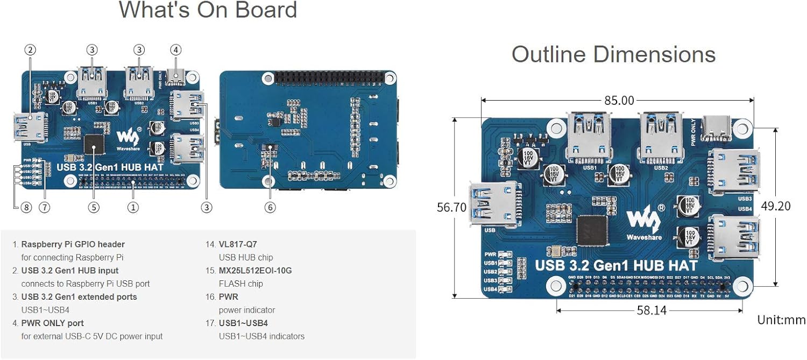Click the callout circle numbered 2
[x=30, y=50]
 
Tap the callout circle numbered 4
[x=175, y=50]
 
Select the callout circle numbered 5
[x=94, y=207]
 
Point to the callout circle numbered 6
[x=270, y=207]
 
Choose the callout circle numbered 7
[x=44, y=207]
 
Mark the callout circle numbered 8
[x=26, y=207]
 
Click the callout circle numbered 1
[x=133, y=207]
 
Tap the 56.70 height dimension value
[x=451, y=207]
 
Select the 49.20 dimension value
[x=790, y=206]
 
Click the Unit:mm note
[x=781, y=320]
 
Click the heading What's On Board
[x=208, y=10]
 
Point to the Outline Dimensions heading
[x=613, y=54]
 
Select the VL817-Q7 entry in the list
[x=239, y=244]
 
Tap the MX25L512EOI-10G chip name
[x=255, y=271]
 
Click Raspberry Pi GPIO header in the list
[x=73, y=244]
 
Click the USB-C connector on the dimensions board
[x=715, y=128]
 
